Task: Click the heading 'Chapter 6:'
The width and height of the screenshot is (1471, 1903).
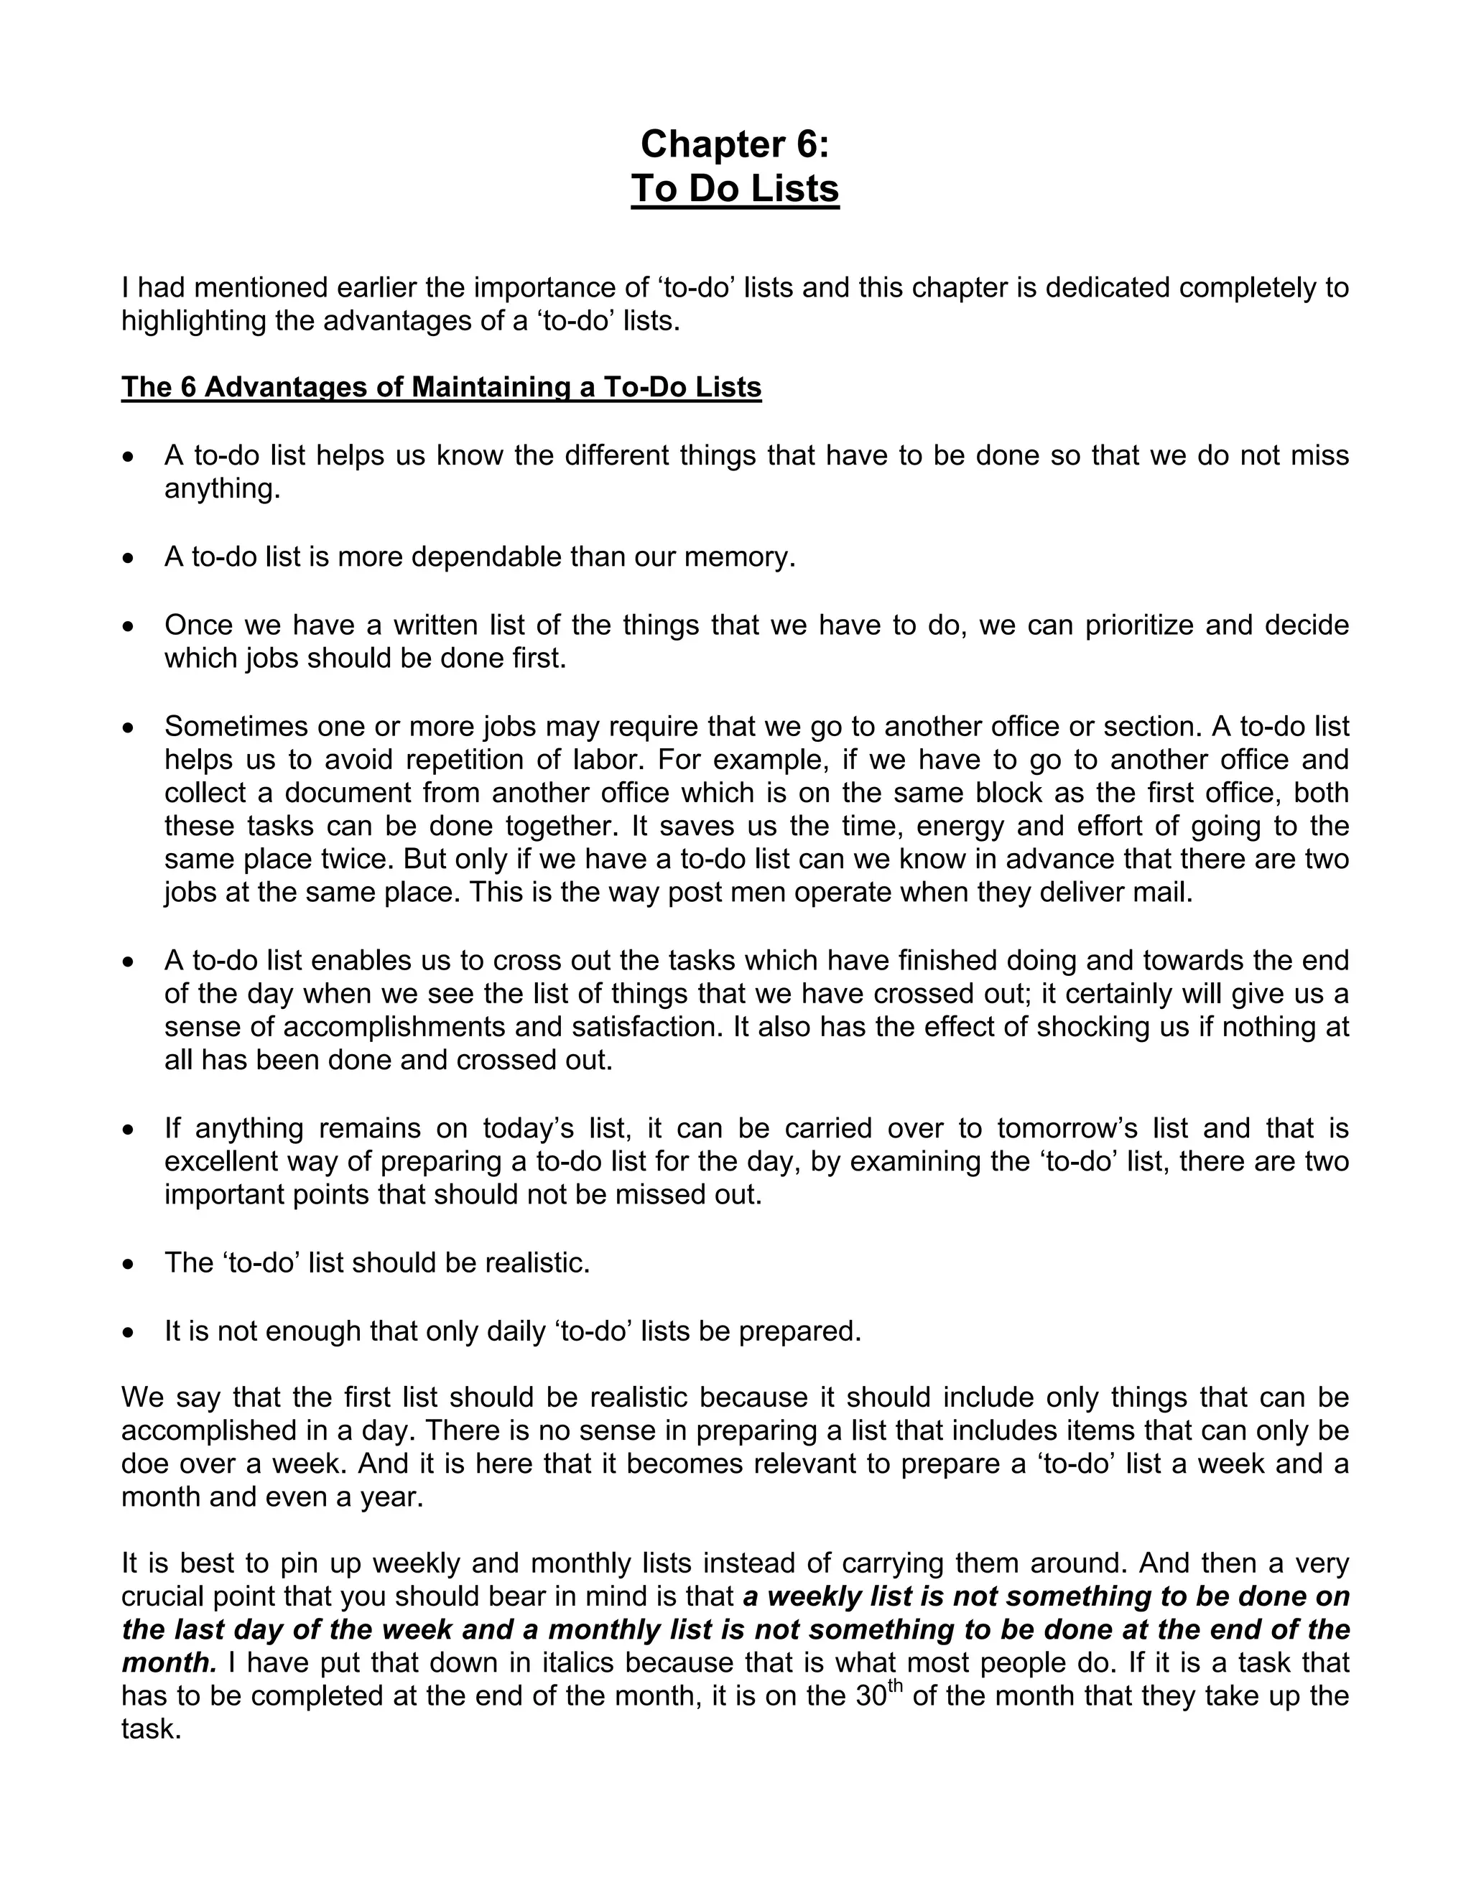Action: tap(735, 144)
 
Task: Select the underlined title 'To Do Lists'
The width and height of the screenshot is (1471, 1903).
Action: tap(735, 189)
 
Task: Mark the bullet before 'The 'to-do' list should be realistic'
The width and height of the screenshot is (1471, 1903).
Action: tap(129, 1263)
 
